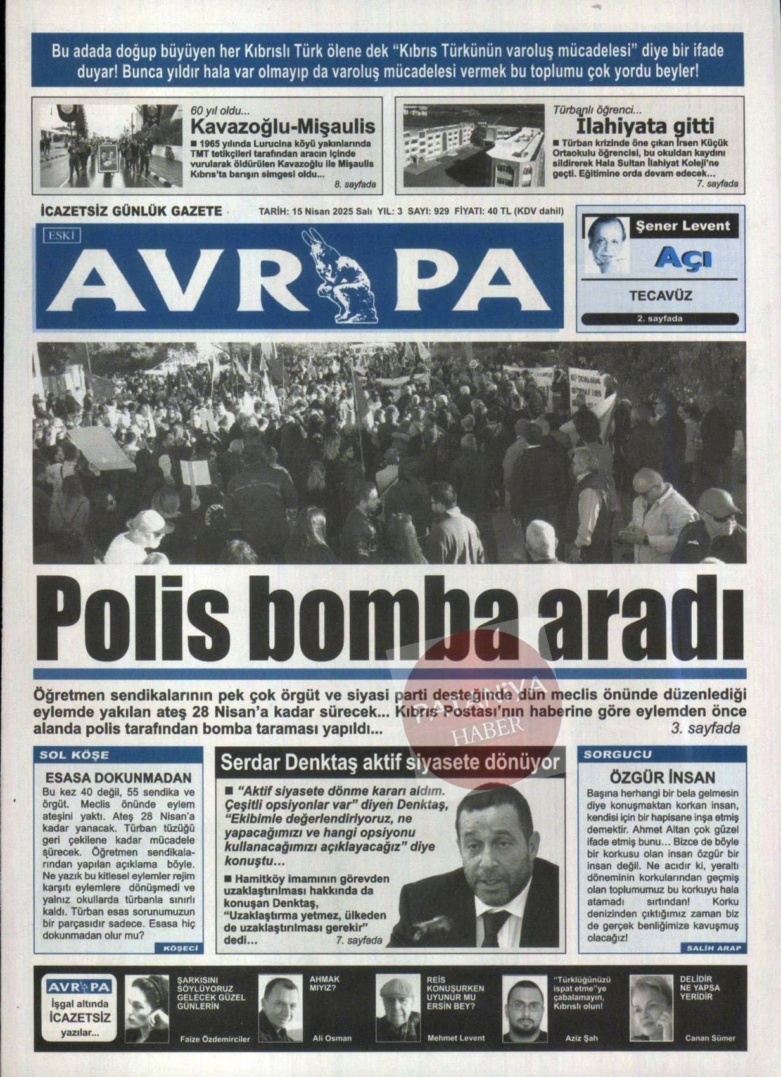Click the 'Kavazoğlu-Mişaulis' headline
click(283, 125)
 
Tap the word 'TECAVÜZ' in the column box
click(660, 296)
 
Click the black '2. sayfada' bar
click(659, 319)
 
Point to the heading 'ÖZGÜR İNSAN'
click(662, 777)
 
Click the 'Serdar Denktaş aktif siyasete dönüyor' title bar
click(390, 762)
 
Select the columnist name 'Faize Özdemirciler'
click(215, 1038)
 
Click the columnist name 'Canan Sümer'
click(710, 1038)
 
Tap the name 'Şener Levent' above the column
click(683, 226)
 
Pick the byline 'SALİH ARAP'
click(714, 948)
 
